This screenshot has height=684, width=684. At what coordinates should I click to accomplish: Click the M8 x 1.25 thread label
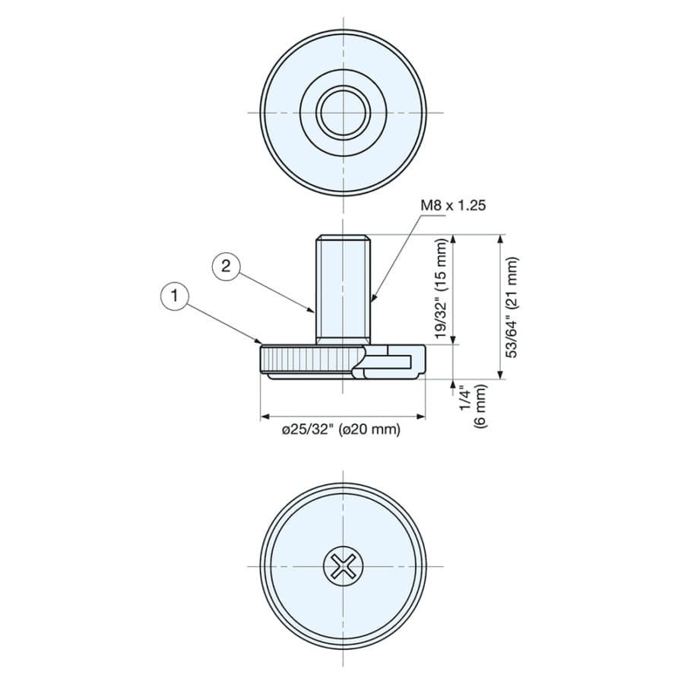tap(453, 205)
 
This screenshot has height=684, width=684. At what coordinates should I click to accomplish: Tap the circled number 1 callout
tap(175, 296)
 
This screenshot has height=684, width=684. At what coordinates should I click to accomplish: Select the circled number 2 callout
tap(226, 265)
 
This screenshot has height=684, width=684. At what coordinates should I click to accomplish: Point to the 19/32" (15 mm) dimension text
tap(442, 289)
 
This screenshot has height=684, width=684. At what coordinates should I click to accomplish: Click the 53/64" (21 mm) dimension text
tap(512, 307)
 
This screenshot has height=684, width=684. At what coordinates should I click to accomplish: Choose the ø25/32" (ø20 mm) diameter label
tap(341, 429)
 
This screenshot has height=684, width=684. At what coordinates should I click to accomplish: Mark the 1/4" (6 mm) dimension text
tap(473, 405)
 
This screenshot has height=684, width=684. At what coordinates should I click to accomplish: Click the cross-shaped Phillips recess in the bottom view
tap(343, 567)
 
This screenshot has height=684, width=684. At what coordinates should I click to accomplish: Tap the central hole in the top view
tap(344, 113)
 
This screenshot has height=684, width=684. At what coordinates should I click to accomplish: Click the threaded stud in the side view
tap(343, 290)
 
